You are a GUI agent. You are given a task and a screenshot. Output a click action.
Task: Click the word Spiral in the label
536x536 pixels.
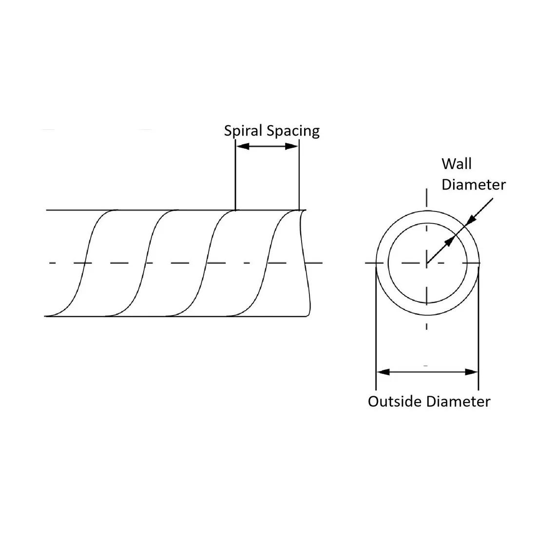(243, 131)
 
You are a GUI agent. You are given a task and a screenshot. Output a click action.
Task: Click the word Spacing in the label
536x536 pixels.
(293, 131)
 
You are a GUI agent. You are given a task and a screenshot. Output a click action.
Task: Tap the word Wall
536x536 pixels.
(457, 164)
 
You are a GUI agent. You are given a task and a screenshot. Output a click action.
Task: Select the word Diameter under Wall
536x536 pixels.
(474, 185)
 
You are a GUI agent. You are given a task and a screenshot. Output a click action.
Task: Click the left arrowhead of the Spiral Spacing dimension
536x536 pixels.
(243, 146)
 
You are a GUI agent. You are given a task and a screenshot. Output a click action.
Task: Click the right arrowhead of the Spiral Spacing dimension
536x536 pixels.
(291, 146)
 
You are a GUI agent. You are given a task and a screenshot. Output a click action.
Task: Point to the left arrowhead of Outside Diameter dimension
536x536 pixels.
(383, 372)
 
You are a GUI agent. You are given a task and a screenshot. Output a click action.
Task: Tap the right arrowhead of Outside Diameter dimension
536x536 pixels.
(471, 372)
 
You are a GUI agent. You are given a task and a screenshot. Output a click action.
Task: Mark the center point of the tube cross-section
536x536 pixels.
(427, 263)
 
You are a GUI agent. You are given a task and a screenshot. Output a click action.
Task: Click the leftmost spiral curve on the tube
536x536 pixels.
(85, 263)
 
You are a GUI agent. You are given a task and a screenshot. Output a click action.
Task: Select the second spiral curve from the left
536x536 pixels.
(146, 263)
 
